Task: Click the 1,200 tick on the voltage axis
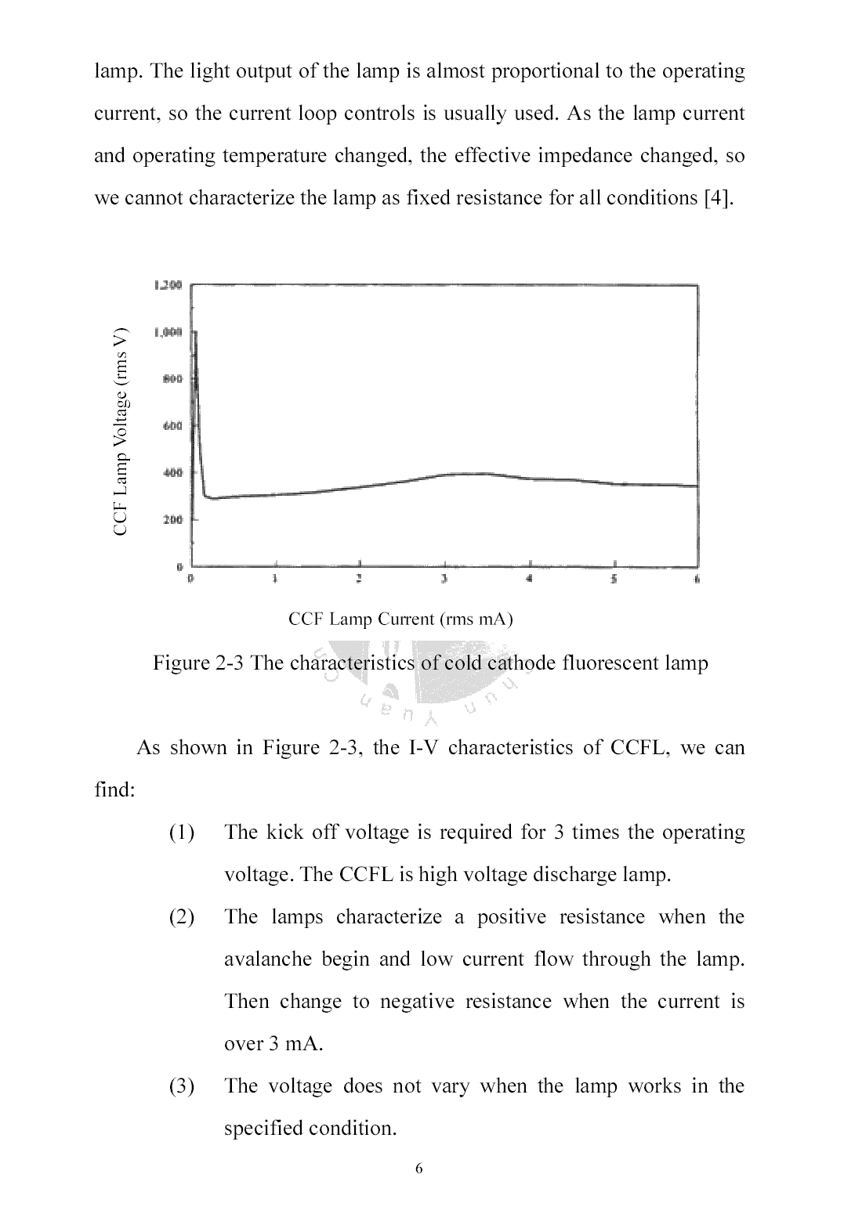pyautogui.click(x=168, y=285)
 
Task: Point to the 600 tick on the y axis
pyautogui.click(x=172, y=426)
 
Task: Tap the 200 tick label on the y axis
pyautogui.click(x=172, y=520)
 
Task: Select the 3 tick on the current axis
pyautogui.click(x=444, y=580)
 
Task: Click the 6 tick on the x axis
pyautogui.click(x=697, y=580)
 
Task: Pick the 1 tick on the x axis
pyautogui.click(x=275, y=580)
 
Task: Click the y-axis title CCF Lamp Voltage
pyautogui.click(x=120, y=432)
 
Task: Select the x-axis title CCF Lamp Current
pyautogui.click(x=400, y=620)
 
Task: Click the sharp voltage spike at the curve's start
pyautogui.click(x=194, y=345)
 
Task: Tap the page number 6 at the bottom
pyautogui.click(x=418, y=1169)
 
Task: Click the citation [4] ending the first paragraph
pyautogui.click(x=719, y=198)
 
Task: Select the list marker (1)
pyautogui.click(x=182, y=833)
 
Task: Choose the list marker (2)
pyautogui.click(x=182, y=917)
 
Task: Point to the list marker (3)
pyautogui.click(x=182, y=1086)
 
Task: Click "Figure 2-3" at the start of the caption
pyautogui.click(x=199, y=663)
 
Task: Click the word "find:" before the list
pyautogui.click(x=115, y=790)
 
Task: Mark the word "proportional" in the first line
pyautogui.click(x=540, y=71)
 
